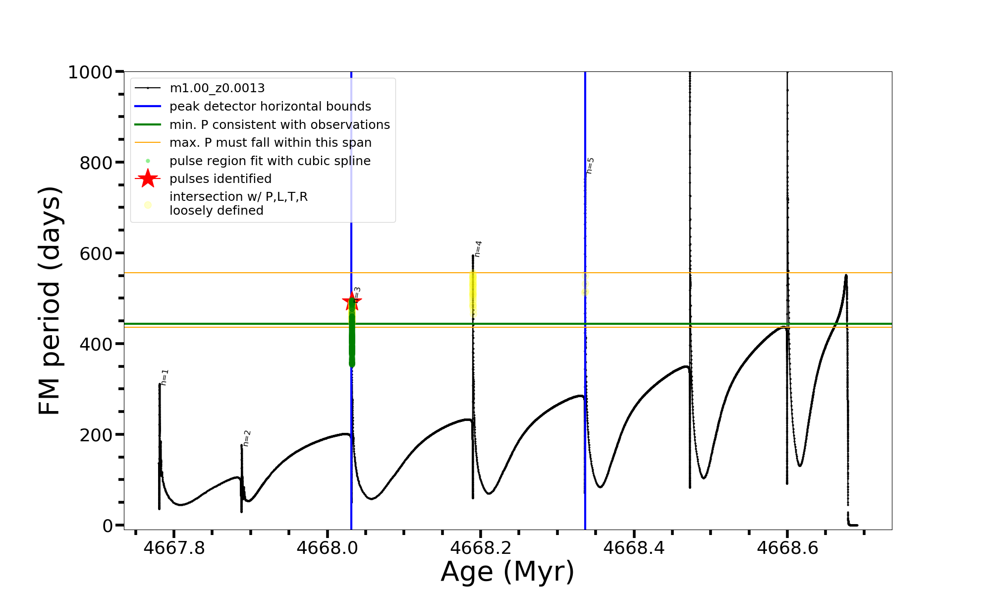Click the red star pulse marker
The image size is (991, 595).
(x=352, y=301)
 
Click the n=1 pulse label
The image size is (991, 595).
(x=165, y=377)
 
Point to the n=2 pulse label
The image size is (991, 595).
(x=247, y=438)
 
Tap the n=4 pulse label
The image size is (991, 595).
(x=478, y=249)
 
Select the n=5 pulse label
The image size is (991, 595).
(x=590, y=166)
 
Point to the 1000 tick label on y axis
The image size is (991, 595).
(x=90, y=72)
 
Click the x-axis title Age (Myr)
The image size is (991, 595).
(x=507, y=572)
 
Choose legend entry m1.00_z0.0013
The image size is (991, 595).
(x=217, y=88)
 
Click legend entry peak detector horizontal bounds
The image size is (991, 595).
(x=270, y=107)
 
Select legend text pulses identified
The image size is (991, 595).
(x=220, y=178)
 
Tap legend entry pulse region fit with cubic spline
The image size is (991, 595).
(x=270, y=161)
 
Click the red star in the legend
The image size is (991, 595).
(x=148, y=178)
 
